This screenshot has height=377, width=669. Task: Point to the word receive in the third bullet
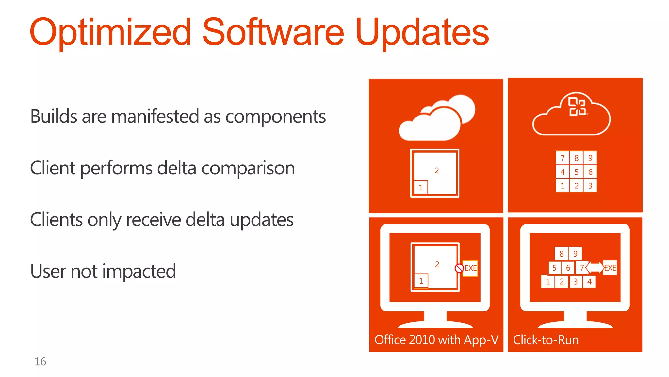pyautogui.click(x=153, y=219)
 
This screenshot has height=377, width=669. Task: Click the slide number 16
pyautogui.click(x=40, y=361)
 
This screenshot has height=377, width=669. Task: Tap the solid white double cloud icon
pyautogui.click(x=436, y=118)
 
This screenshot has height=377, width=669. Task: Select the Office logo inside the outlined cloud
pyautogui.click(x=578, y=106)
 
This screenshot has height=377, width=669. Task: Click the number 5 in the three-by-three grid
pyautogui.click(x=576, y=172)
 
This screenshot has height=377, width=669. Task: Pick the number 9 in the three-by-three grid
pyautogui.click(x=590, y=158)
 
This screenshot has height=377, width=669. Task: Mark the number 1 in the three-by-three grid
pyautogui.click(x=562, y=186)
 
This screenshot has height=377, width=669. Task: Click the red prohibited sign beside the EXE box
pyautogui.click(x=459, y=268)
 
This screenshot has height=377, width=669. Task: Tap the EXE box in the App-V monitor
pyautogui.click(x=470, y=268)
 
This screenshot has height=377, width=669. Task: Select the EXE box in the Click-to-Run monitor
pyautogui.click(x=610, y=268)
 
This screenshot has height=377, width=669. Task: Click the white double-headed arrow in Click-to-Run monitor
pyautogui.click(x=595, y=267)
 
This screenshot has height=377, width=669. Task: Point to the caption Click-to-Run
pyautogui.click(x=546, y=340)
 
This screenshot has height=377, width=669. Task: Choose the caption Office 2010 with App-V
pyautogui.click(x=436, y=340)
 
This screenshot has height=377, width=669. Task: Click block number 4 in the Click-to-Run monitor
pyautogui.click(x=589, y=282)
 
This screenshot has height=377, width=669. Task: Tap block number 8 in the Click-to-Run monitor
pyautogui.click(x=561, y=254)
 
